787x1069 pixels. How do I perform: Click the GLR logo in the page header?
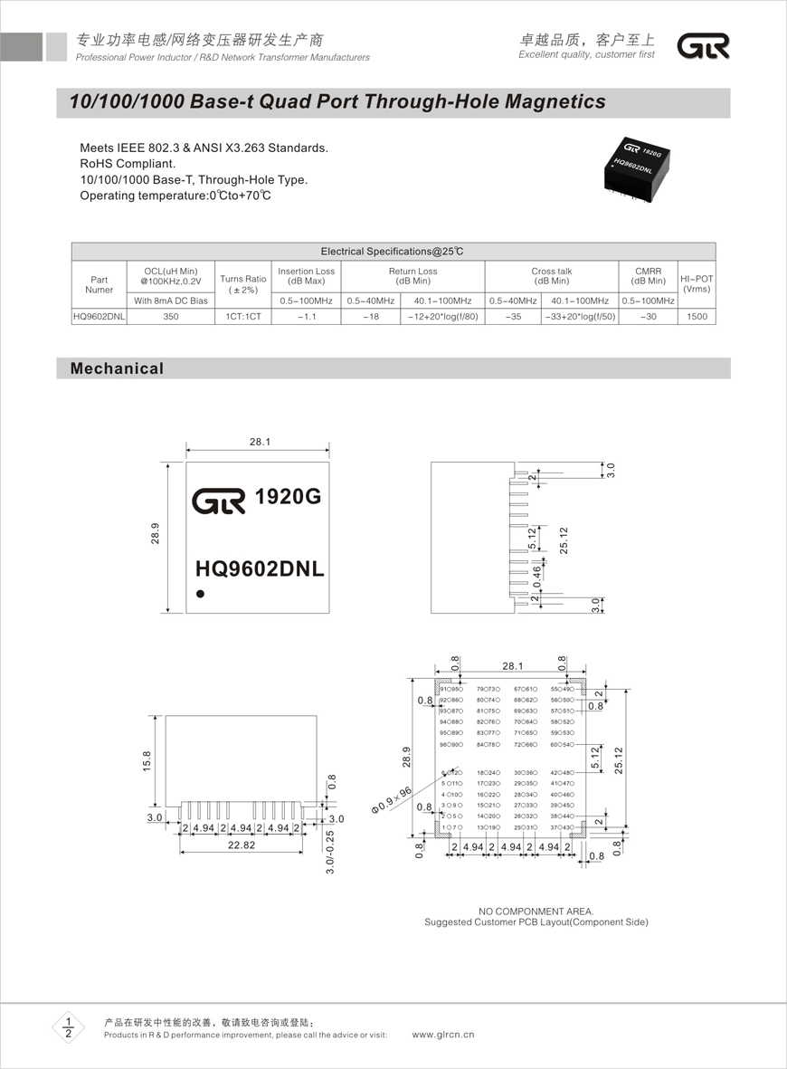[703, 47]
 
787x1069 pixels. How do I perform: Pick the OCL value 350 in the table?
[170, 317]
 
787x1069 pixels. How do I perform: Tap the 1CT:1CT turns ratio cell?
[243, 317]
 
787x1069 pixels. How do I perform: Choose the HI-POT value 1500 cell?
[696, 317]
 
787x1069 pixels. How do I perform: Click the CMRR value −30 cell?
[648, 317]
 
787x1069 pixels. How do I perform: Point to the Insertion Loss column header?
[306, 276]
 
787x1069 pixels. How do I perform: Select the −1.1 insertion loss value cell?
[306, 317]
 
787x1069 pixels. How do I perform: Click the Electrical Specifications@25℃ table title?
[393, 252]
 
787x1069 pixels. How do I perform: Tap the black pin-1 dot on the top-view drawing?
[200, 594]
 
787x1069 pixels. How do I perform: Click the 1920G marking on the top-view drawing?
[288, 498]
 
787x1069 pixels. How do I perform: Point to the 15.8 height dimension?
[147, 761]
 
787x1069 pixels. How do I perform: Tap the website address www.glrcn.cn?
[443, 1035]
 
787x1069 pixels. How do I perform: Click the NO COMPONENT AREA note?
[536, 911]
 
